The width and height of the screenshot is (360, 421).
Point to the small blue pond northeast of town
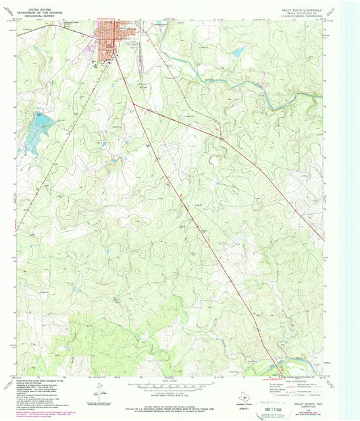pyautogui.click(x=236, y=52)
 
